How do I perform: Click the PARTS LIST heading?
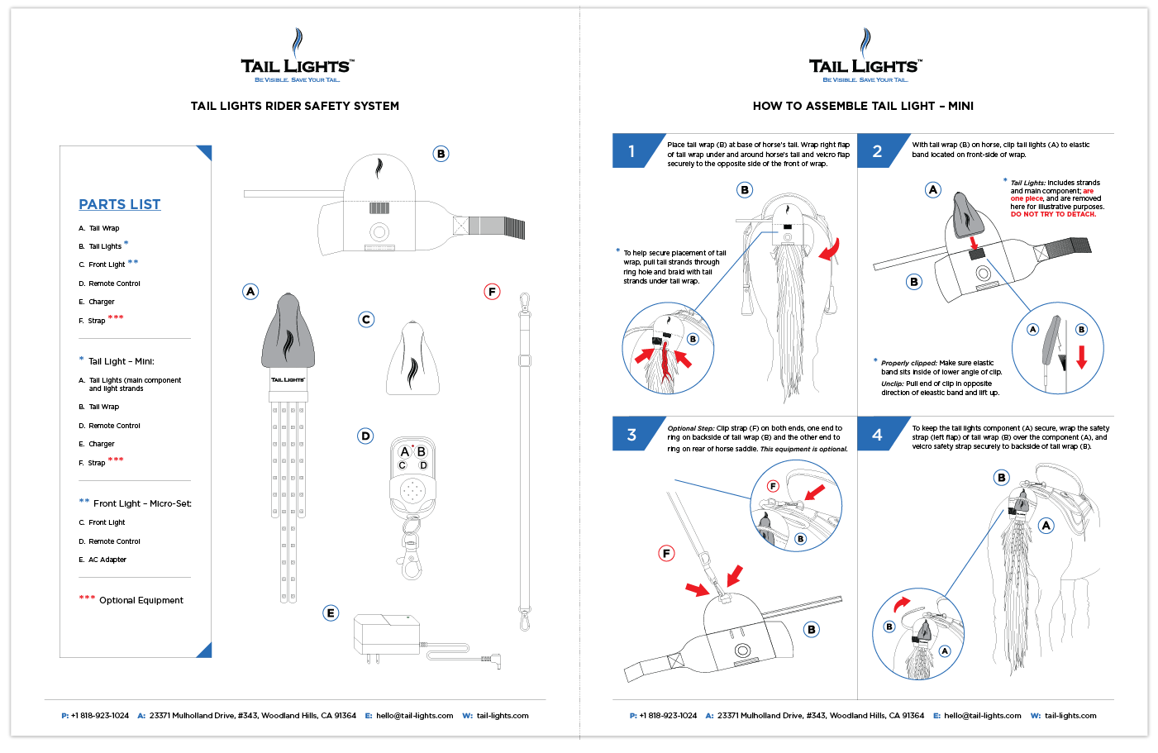point(120,204)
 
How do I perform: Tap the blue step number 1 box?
point(631,151)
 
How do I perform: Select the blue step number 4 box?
point(877,435)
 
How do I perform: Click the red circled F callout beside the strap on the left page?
point(492,291)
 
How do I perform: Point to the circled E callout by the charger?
point(331,612)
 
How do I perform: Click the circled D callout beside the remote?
point(365,436)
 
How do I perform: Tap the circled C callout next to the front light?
point(366,319)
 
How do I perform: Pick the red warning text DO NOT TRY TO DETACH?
point(1053,214)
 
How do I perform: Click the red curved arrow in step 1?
point(830,249)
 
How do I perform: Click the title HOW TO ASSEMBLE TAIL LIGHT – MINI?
point(863,106)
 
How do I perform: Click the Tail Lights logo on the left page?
point(297,58)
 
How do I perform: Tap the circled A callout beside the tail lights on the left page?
point(250,291)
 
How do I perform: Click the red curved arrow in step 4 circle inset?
point(902,603)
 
